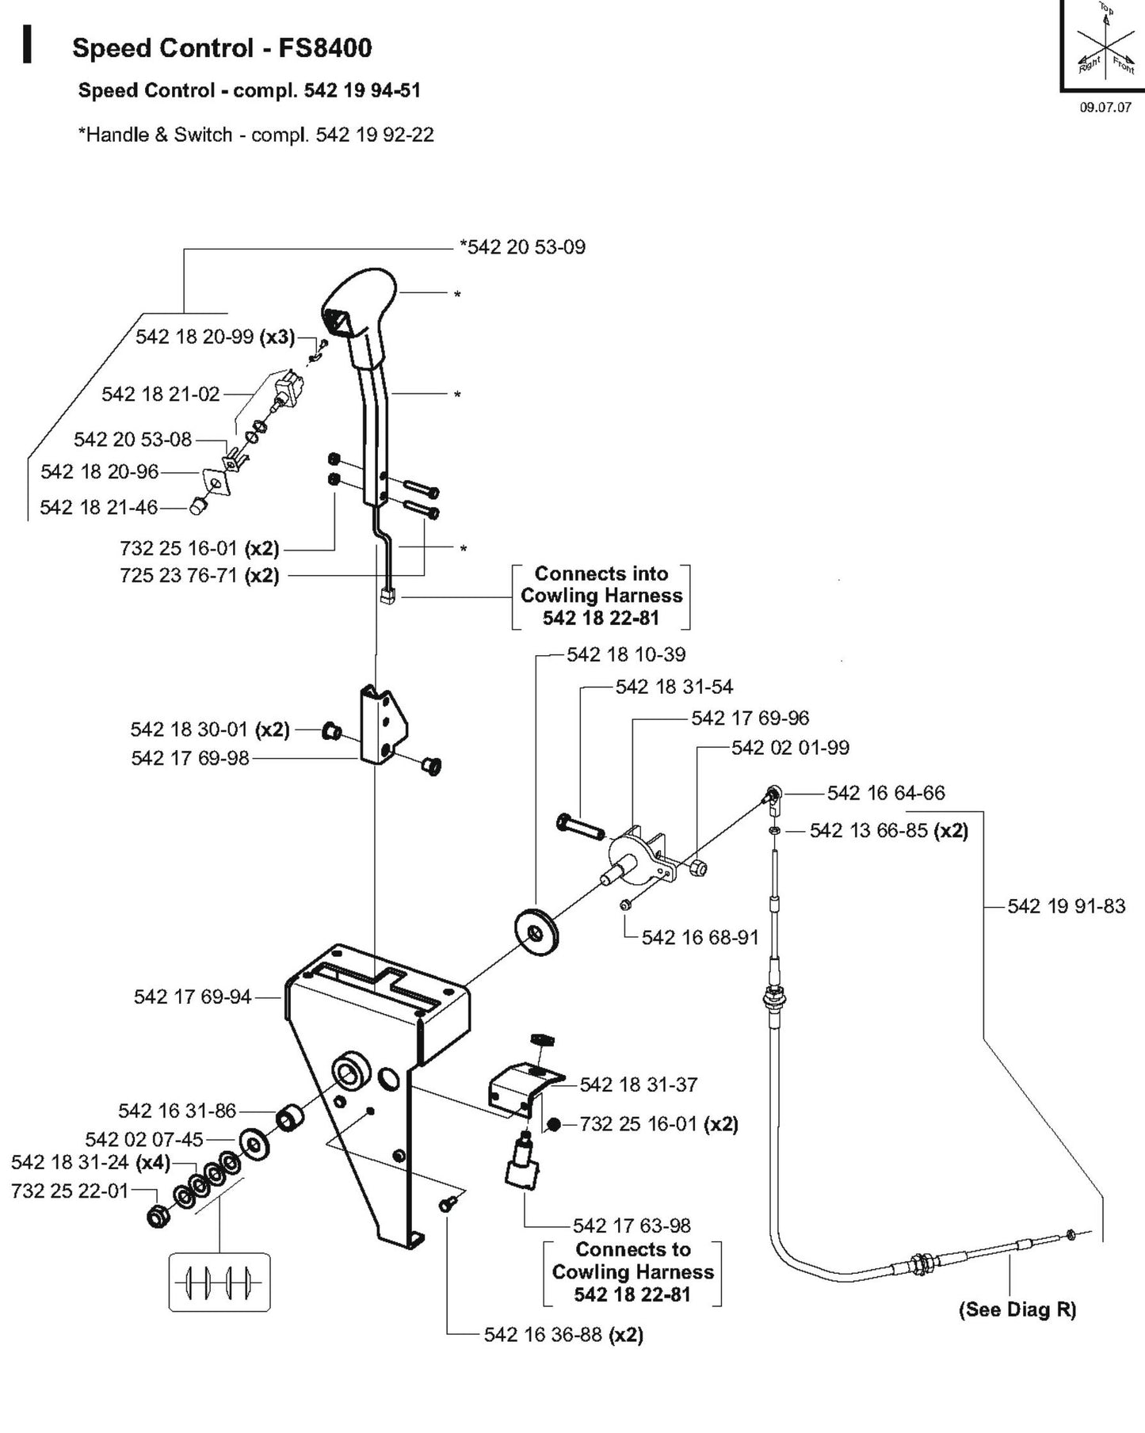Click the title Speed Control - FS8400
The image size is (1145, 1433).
(x=222, y=48)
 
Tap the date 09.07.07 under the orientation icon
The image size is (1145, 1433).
(x=1105, y=108)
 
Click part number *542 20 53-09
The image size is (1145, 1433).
(x=522, y=247)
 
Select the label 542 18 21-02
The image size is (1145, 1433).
(x=160, y=394)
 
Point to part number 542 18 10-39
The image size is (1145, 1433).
(x=626, y=654)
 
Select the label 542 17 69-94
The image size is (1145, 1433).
(x=193, y=997)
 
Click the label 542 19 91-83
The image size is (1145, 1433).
(x=1066, y=906)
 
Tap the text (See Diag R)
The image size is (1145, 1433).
(x=1017, y=1309)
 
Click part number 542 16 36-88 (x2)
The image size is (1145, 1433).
(x=563, y=1335)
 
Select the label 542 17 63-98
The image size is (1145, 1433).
(x=632, y=1225)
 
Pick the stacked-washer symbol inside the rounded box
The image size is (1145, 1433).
(x=219, y=1281)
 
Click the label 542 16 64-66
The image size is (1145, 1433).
(x=886, y=793)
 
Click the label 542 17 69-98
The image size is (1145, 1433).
(x=190, y=758)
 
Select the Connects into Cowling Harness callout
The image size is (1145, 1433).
(x=601, y=596)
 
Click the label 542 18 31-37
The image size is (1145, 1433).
(x=639, y=1084)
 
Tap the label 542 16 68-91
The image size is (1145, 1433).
(x=700, y=937)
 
